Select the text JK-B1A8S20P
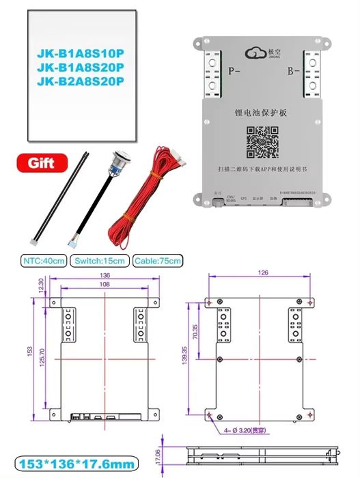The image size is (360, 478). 80,67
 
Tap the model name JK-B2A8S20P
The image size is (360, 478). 80,83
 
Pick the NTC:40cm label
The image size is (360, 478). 44,261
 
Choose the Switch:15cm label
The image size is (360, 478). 100,261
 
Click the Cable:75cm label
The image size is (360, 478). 158,261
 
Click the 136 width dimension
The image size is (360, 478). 105,276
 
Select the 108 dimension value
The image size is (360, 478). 105,284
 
